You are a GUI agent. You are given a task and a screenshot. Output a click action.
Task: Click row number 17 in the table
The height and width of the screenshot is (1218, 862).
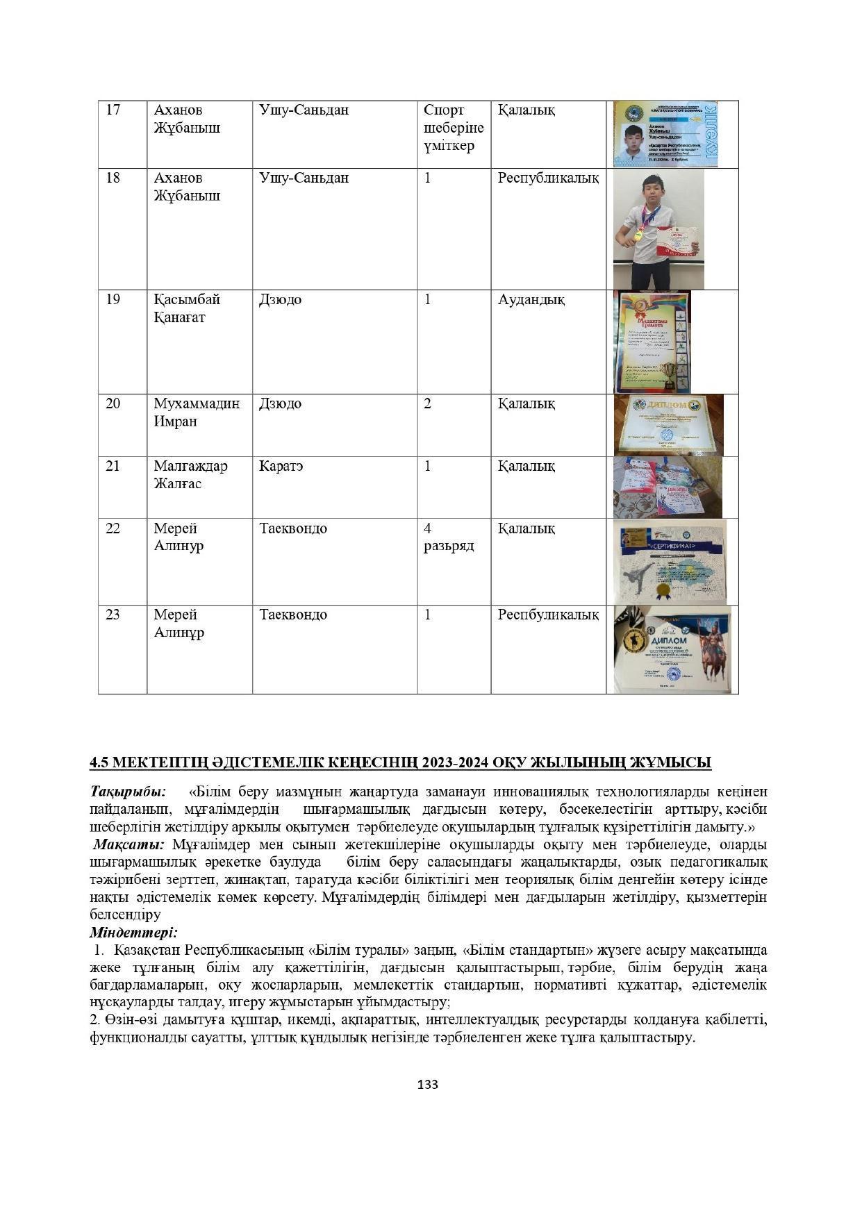pos(113,110)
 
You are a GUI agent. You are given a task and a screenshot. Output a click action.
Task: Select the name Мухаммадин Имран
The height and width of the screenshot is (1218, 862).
pos(197,412)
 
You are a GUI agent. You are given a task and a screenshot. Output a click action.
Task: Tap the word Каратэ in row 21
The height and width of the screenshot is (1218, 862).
pos(281,466)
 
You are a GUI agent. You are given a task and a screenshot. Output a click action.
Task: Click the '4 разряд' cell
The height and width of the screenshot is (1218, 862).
pos(449,537)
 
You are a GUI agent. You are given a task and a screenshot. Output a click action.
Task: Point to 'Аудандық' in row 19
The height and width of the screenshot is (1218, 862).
pos(531,300)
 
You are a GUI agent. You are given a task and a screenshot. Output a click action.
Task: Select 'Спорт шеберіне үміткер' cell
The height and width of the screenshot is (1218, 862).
pos(454,128)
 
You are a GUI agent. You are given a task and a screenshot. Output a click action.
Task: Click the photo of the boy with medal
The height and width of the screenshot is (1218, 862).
pos(658,229)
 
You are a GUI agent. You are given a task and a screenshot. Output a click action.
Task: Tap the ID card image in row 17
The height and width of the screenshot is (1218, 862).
pos(665,134)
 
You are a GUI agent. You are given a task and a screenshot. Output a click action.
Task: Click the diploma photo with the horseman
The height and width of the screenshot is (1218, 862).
pos(672,649)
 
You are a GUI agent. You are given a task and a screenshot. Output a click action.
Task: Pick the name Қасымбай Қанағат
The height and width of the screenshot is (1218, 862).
pos(187,308)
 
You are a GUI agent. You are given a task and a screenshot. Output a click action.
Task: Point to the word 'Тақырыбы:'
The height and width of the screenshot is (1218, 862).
pos(128,792)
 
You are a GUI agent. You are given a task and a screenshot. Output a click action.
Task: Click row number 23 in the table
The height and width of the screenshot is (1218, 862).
pos(113,615)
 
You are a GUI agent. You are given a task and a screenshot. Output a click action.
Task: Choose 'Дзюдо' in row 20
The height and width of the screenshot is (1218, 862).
pos(280,403)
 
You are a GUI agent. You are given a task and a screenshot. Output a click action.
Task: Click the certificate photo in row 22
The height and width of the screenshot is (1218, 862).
pos(670,561)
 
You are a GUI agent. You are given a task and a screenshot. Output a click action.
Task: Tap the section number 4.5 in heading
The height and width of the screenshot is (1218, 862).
pos(99,762)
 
